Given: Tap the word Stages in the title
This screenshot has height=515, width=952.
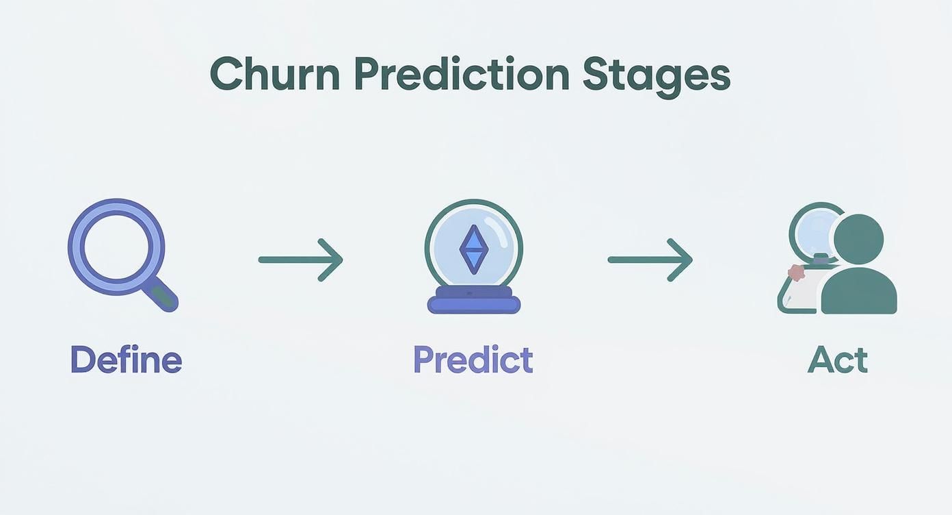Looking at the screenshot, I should [x=657, y=75].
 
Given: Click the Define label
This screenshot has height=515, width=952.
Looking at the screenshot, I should [x=126, y=360].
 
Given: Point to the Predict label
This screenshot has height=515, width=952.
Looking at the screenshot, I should [x=473, y=360].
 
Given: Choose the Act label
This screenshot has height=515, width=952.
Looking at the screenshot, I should [x=837, y=360].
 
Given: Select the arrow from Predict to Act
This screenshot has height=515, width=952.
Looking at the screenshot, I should [x=650, y=260].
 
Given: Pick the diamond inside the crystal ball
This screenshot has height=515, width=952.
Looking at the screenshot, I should [x=473, y=250].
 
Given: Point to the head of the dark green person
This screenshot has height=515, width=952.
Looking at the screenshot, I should [x=859, y=239].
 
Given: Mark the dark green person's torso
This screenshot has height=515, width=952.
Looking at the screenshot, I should [x=859, y=291].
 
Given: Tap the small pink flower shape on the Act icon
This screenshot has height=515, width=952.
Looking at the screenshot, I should [x=796, y=273].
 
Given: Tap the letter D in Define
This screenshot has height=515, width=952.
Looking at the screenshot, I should [x=82, y=360].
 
